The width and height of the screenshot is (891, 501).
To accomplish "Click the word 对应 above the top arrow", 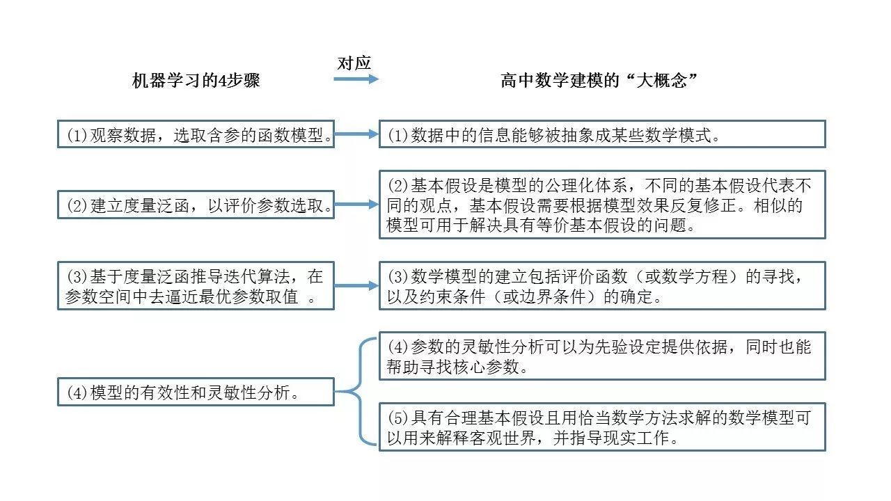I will click(354, 63).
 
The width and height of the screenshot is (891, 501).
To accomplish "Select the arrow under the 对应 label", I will click(356, 79).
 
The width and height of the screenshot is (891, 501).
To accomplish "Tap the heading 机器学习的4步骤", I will click(196, 81).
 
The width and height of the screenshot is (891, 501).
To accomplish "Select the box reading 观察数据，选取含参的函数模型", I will click(196, 135).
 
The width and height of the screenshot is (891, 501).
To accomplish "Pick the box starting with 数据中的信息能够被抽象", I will click(602, 134).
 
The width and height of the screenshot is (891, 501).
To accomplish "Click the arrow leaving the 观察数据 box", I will click(356, 135).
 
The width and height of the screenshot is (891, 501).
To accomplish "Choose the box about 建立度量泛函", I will click(196, 205).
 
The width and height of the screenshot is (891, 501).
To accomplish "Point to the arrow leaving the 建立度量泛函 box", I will click(356, 205).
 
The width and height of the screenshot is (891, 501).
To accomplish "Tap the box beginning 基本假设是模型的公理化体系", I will click(602, 205).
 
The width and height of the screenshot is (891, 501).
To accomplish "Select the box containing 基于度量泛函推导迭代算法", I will click(196, 286).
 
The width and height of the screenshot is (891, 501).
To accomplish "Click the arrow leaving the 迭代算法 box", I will click(356, 286).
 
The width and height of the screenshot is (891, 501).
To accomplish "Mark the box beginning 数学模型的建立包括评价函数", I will click(602, 286).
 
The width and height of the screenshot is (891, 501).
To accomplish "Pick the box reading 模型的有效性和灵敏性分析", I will click(196, 392).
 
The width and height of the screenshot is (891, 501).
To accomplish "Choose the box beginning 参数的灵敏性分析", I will click(602, 356).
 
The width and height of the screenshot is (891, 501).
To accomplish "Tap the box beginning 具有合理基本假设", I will click(602, 427).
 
